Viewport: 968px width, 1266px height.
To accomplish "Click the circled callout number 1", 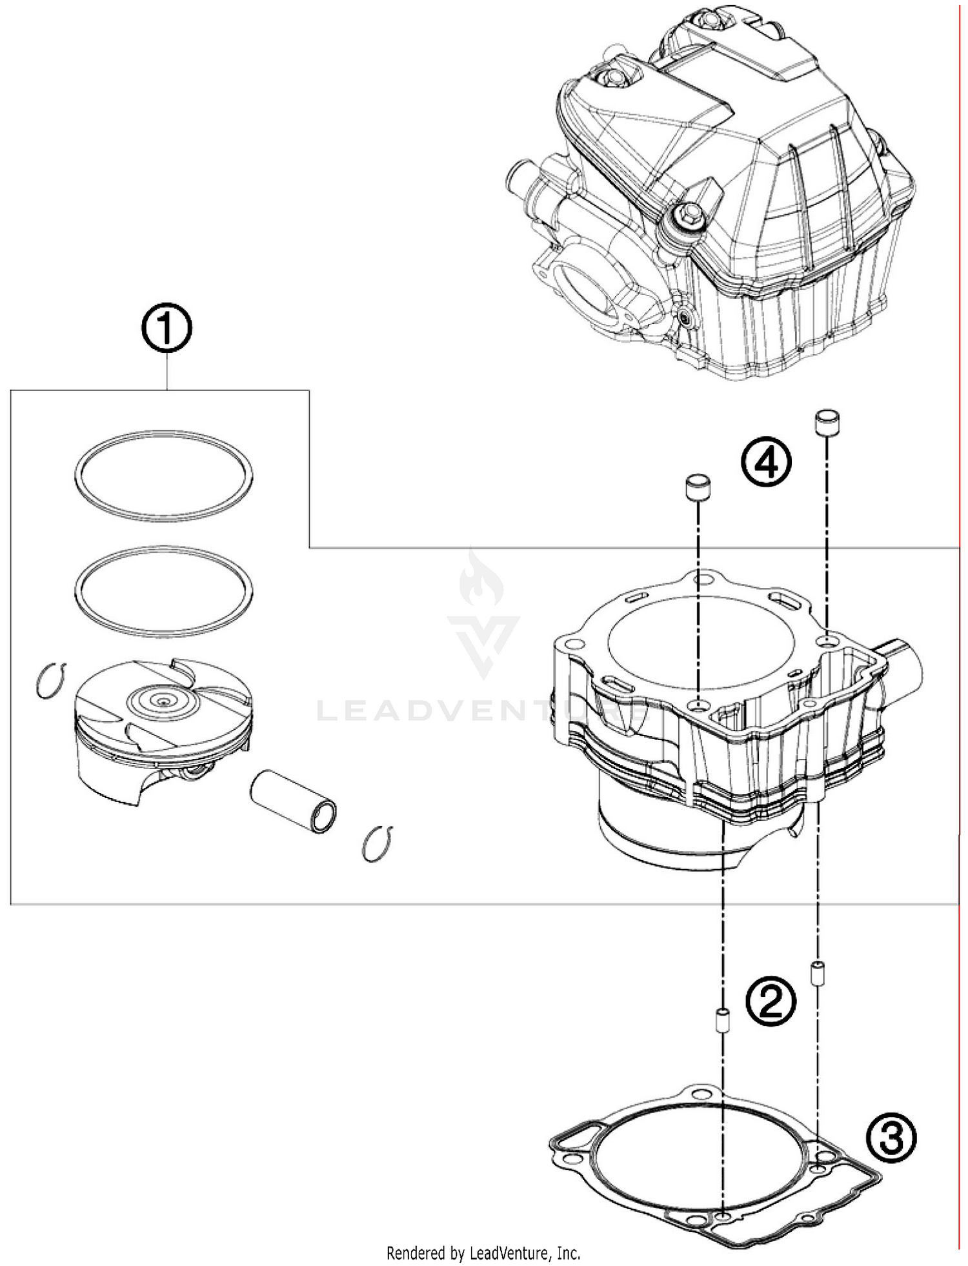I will (166, 328).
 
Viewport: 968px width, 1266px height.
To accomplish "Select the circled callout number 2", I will (771, 1001).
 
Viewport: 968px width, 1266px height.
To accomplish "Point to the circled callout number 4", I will (765, 462).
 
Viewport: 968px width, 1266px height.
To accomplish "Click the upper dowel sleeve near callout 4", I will (827, 423).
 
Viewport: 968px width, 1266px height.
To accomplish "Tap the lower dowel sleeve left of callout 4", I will (698, 488).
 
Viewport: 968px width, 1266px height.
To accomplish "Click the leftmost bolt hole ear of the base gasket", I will (570, 1160).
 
